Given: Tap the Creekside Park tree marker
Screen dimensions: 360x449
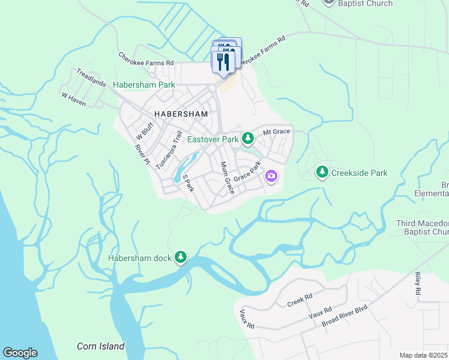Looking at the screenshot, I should [322, 173].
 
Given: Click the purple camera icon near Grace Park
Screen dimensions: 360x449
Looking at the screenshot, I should [271, 176].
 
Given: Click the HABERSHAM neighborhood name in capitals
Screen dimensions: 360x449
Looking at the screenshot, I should [181, 113].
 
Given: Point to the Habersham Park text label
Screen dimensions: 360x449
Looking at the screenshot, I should [144, 85].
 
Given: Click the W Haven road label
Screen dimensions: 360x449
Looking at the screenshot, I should [74, 100].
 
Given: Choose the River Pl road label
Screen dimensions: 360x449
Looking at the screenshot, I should [142, 154].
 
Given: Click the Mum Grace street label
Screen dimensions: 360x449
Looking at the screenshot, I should [227, 178].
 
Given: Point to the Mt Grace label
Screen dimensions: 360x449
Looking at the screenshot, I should [277, 131].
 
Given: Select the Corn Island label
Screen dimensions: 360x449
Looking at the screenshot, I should [101, 346].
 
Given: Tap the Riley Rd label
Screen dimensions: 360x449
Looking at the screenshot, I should [417, 282].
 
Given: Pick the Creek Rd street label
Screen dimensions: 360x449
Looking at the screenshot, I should [300, 298].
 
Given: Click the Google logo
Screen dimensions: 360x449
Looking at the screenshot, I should [20, 353].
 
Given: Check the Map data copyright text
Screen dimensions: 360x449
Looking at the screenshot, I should [423, 355].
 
